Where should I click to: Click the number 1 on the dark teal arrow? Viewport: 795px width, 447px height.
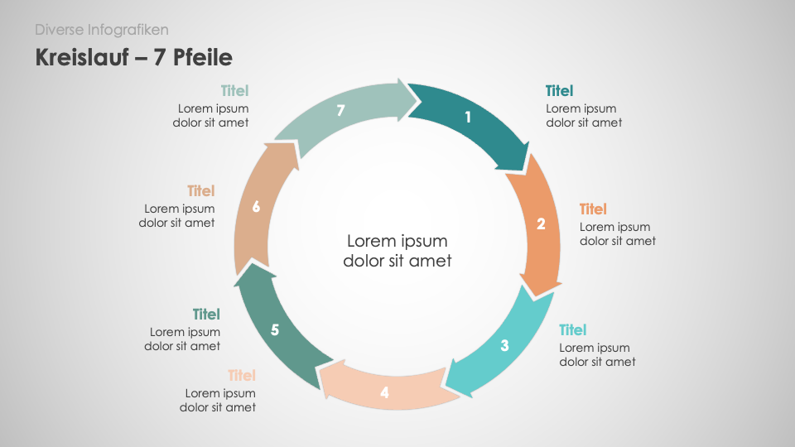point(468,118)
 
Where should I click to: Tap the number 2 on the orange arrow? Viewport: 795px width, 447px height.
point(541,223)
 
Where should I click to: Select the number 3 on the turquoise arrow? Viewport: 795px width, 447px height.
point(504,346)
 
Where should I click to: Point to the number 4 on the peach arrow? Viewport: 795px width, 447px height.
point(384,392)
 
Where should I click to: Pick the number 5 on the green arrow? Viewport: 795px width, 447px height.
point(275,329)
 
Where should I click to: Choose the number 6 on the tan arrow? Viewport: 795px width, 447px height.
point(256,207)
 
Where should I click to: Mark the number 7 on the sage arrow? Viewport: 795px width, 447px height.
point(340,110)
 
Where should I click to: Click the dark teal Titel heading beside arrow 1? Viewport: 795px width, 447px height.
point(560,91)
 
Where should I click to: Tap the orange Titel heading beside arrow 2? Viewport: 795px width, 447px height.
point(593,209)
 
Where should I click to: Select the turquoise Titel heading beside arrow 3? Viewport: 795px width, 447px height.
point(573,330)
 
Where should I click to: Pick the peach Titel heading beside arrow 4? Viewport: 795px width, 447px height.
point(242,376)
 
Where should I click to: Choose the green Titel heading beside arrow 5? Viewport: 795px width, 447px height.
point(206,315)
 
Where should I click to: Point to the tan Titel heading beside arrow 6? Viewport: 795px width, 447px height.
point(200,191)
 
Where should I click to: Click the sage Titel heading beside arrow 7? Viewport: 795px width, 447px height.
point(234,91)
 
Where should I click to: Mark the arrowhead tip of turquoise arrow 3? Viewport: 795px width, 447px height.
point(445,387)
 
